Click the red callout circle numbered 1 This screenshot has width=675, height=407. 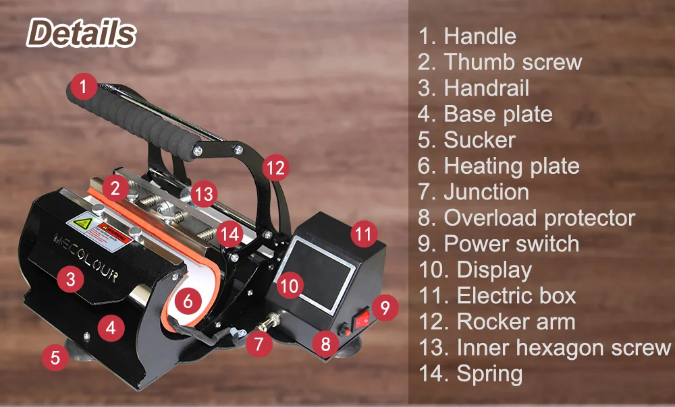[83, 86]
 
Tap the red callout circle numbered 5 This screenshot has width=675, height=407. [56, 357]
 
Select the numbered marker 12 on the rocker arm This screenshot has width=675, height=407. [275, 167]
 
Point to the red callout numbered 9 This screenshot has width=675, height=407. [384, 309]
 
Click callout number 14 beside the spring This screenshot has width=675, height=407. [231, 234]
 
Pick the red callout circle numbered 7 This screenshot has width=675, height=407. [259, 344]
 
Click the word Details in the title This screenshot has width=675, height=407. [82, 33]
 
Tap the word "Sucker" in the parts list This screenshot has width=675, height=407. [479, 139]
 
